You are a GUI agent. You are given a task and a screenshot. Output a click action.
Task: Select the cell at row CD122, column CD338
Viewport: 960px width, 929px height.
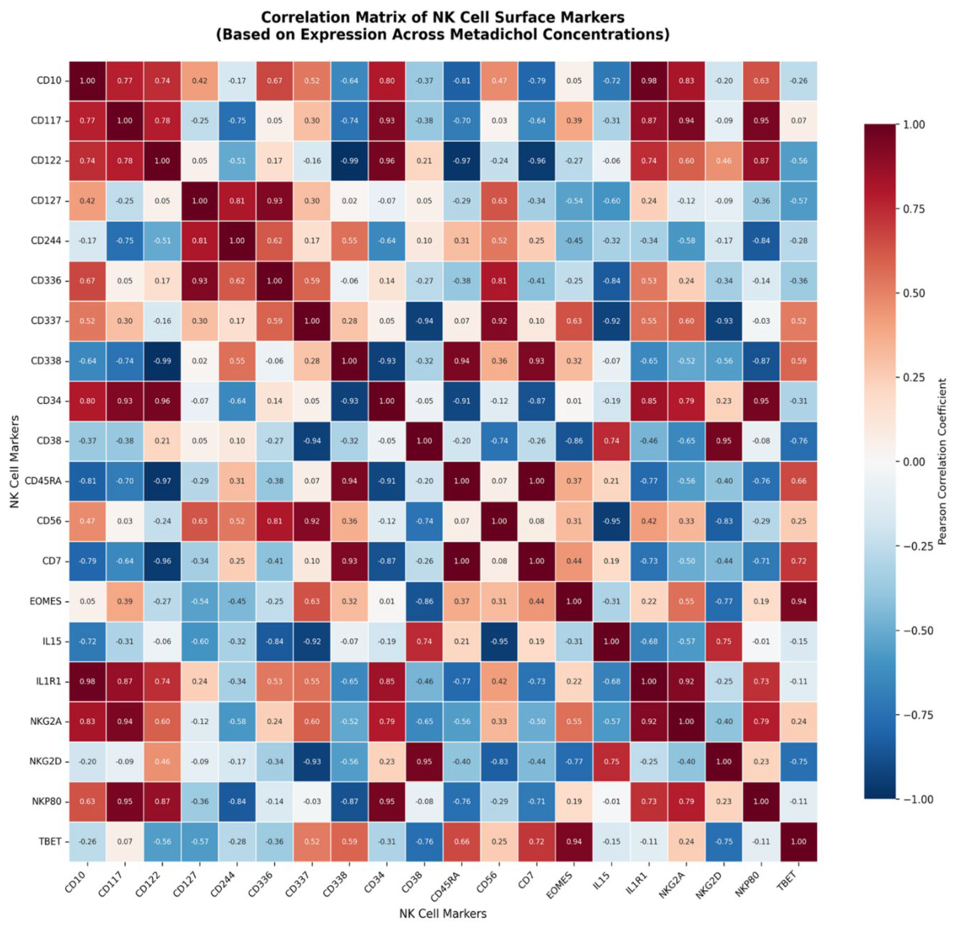point(349,160)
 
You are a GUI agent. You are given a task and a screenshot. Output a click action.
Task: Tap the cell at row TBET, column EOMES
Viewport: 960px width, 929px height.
point(574,841)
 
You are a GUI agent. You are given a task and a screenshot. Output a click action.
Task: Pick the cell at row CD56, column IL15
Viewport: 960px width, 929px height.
point(611,521)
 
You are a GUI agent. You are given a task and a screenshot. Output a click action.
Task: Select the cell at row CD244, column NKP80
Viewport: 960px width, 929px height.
point(761,241)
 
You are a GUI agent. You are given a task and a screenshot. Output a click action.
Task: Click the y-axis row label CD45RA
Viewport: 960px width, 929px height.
point(43,481)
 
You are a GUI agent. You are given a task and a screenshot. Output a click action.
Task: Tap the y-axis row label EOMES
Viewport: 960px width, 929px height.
point(46,601)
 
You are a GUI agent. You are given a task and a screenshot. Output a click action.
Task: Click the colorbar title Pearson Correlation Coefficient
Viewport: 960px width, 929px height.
point(942,462)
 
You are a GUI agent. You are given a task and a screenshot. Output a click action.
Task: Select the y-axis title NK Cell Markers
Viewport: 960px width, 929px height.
point(15,462)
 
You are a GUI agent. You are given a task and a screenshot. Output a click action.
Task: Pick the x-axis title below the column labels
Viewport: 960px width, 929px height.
point(442,913)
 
